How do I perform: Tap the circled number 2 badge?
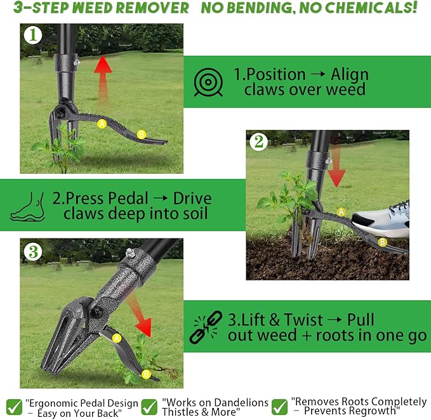tap(258, 143)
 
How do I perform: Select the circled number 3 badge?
tap(32, 252)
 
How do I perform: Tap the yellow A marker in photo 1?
tap(102, 124)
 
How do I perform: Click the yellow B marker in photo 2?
tap(382, 242)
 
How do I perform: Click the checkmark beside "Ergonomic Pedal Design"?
tap(13, 406)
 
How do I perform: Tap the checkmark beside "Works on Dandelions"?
tap(149, 406)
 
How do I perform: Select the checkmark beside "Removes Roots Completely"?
tap(279, 406)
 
